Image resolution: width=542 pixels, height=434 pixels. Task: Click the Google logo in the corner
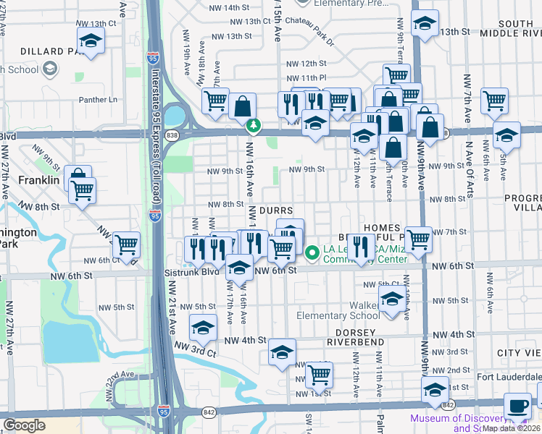pyautogui.click(x=24, y=425)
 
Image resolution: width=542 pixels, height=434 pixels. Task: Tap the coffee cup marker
pyautogui.click(x=517, y=407)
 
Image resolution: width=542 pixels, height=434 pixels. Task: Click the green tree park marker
pyautogui.click(x=253, y=126)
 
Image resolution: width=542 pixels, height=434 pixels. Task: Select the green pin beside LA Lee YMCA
pyautogui.click(x=312, y=252)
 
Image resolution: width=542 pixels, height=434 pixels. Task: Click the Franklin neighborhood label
pyautogui.click(x=38, y=179)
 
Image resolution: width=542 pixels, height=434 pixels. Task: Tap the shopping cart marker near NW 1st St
pyautogui.click(x=319, y=375)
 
